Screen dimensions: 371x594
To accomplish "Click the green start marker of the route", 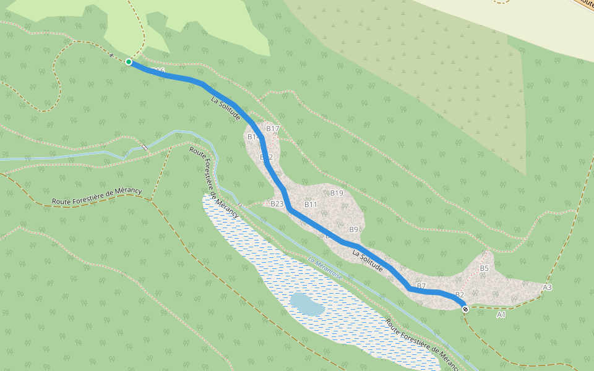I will point(128,62).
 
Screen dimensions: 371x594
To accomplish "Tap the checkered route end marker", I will point(465,309).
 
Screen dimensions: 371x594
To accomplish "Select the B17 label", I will point(273,129).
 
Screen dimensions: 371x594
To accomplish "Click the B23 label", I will point(277,204).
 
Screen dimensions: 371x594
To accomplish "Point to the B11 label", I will point(311,205).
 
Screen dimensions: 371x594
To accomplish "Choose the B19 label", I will point(336,194).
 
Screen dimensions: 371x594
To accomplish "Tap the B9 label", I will point(353,230).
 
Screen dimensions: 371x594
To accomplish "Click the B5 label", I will point(484,268).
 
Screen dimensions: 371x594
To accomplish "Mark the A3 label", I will point(547,288).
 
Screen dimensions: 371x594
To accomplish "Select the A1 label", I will point(501,315).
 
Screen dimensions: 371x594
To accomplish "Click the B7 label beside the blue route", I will point(421,286).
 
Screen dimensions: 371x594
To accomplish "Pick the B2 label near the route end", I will point(459,294).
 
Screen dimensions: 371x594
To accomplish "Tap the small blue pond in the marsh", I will point(306,303).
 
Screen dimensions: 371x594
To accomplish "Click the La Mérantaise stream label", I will point(325,270).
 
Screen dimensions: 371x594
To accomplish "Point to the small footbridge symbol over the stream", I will point(144,147).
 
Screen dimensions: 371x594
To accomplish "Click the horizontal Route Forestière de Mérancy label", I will point(97,196).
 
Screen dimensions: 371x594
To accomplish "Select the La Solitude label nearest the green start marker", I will point(226,108).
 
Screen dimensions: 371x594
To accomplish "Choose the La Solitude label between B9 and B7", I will point(369,260).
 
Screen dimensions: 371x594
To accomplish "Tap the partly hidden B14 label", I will point(252,137).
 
